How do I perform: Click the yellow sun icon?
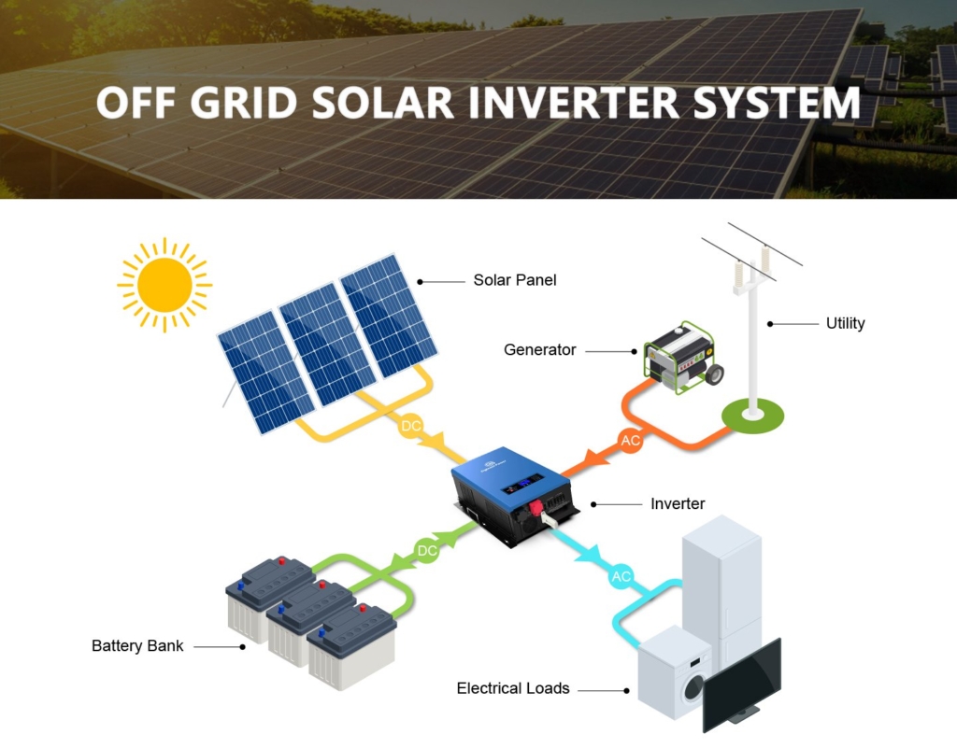click(164, 285)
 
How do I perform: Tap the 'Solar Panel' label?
click(515, 280)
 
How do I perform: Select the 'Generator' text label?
click(539, 350)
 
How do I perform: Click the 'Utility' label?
click(845, 323)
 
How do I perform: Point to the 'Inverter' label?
click(678, 503)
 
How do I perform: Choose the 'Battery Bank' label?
click(137, 646)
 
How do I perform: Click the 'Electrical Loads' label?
click(513, 688)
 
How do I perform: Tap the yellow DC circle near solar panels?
click(411, 426)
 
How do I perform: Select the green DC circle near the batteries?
click(426, 551)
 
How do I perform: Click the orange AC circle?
click(630, 440)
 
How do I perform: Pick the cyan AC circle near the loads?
click(621, 577)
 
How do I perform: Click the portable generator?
click(683, 358)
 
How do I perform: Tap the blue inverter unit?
click(514, 495)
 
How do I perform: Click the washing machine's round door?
click(694, 687)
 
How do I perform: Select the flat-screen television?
click(742, 684)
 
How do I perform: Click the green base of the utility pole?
click(752, 417)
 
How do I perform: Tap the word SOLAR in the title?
click(382, 103)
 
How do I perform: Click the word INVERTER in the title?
click(574, 103)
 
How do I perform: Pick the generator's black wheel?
click(715, 374)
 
